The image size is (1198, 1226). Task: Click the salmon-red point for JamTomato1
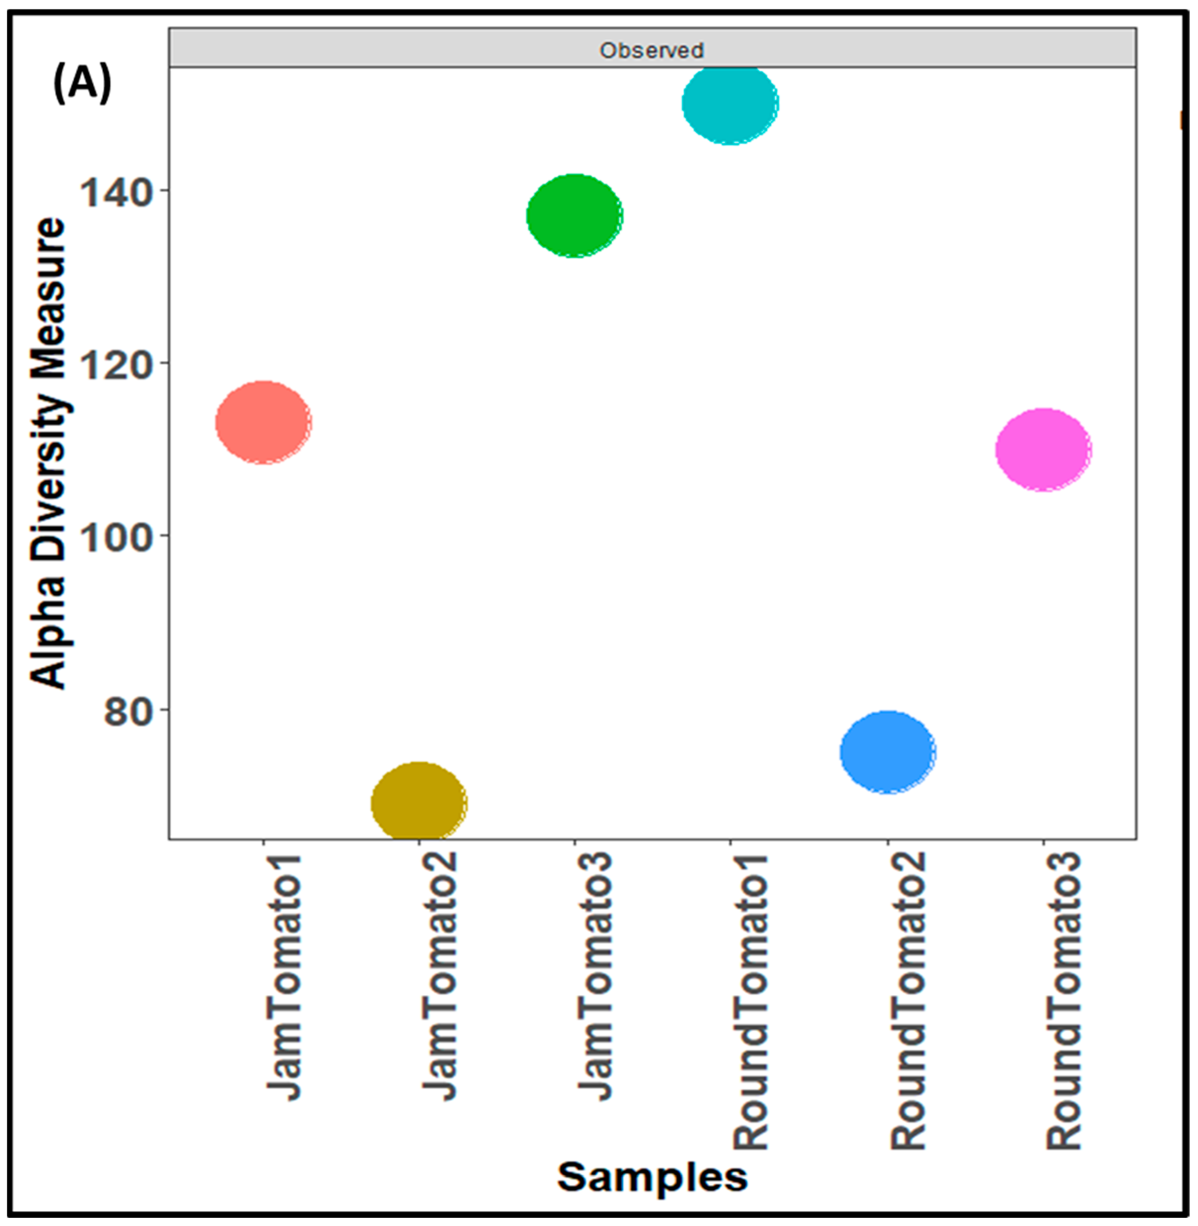coord(263,422)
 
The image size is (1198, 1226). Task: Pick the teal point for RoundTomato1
coord(730,103)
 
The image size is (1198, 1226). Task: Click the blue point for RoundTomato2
coord(887,752)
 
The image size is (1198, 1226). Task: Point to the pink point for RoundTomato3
coord(1043,449)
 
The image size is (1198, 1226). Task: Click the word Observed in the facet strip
coord(651,50)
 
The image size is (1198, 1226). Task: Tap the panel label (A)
coord(82,84)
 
